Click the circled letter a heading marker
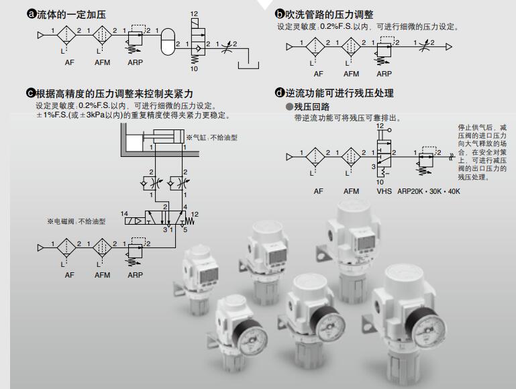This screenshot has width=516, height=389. click(x=30, y=14)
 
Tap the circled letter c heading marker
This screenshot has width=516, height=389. click(x=30, y=93)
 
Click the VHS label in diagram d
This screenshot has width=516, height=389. click(x=384, y=191)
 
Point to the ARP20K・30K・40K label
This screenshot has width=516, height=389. click(x=429, y=191)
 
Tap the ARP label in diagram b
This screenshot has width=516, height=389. click(x=384, y=74)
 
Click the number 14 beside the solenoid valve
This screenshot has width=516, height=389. click(x=124, y=214)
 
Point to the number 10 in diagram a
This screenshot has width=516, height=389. click(x=195, y=68)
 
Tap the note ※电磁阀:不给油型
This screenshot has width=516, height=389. click(x=76, y=221)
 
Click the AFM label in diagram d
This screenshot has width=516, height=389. click(x=351, y=191)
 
